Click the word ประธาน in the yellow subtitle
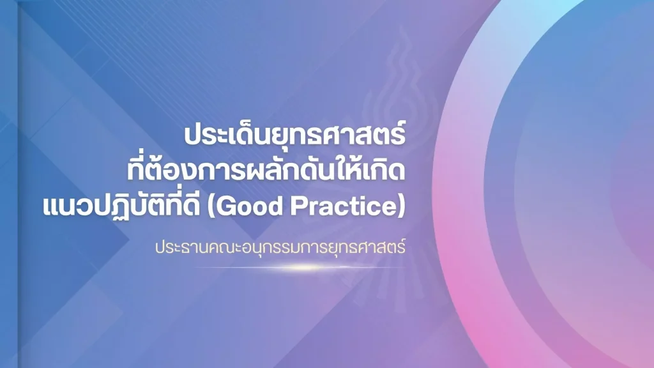tap(182, 247)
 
